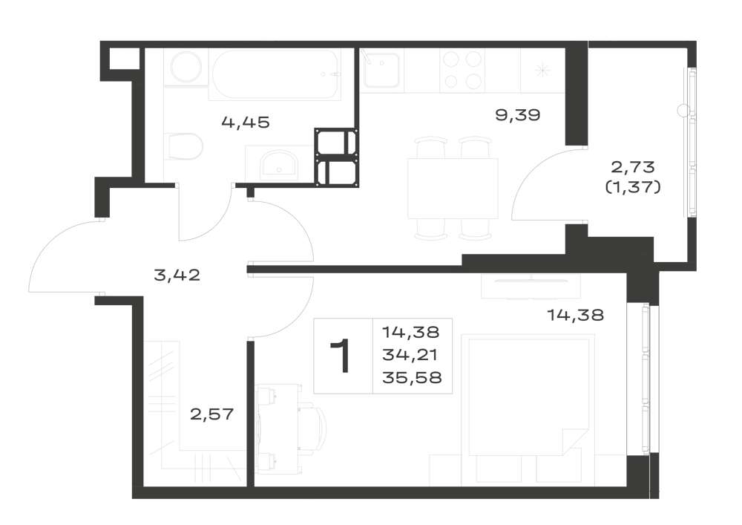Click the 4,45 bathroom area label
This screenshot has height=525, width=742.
coord(245,123)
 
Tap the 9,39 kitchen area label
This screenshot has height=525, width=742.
coord(518,115)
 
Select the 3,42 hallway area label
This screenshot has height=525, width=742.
coord(177,275)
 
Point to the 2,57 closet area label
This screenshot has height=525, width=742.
coord(212,414)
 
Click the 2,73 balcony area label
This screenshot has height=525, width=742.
coord(633,166)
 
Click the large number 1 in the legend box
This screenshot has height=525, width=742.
coord(341,356)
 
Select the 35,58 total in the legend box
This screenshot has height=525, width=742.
coord(412,377)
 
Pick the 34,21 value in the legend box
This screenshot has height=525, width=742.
coord(410,354)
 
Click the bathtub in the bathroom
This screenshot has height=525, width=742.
coord(275,74)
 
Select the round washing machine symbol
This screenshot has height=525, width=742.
coord(186,68)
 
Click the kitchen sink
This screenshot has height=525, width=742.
coord(381,70)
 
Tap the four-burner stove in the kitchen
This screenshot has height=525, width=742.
coord(461,71)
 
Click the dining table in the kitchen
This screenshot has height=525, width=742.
coord(453,189)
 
